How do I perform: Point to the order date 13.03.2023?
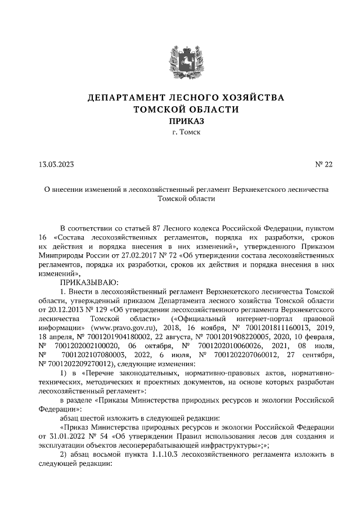point(56,165)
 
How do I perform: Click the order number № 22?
point(324,165)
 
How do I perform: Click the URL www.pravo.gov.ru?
point(142,326)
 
